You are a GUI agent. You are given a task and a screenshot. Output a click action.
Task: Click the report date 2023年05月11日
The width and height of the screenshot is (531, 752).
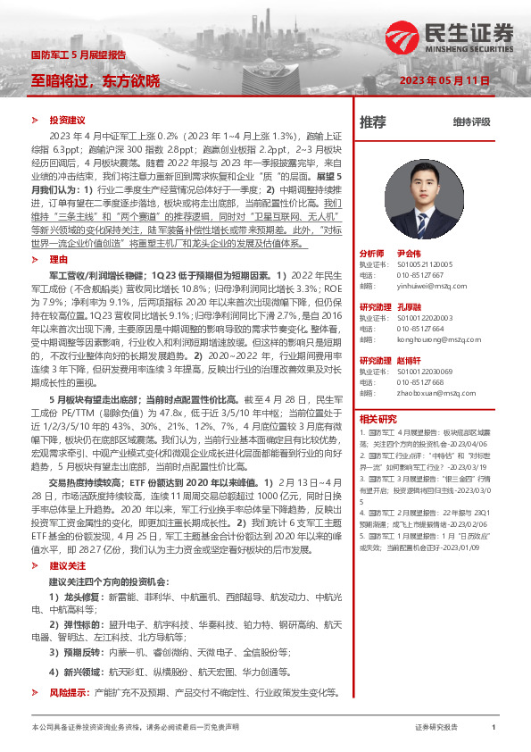tap(445, 79)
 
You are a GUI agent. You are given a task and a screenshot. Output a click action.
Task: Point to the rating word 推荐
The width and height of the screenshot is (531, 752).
tap(372, 121)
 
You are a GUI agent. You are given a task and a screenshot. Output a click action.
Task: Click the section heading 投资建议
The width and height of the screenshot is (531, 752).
tap(67, 120)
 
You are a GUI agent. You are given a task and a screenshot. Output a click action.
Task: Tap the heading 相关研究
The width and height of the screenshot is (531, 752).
tap(378, 419)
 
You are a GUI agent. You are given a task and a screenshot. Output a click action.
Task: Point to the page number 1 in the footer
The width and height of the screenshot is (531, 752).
tap(494, 728)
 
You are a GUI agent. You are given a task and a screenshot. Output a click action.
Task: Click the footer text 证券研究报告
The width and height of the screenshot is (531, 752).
tap(436, 728)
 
